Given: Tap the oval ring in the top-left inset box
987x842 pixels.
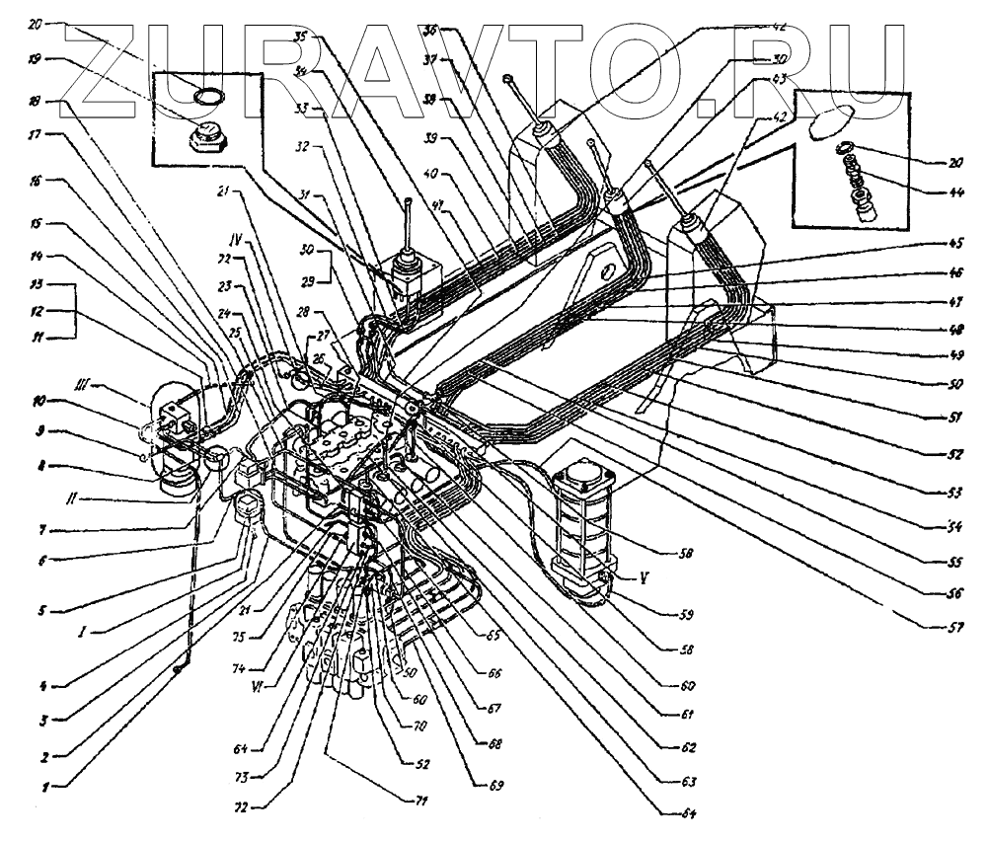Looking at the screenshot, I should tap(208, 95).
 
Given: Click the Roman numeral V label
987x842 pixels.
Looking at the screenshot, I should tap(618, 579).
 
